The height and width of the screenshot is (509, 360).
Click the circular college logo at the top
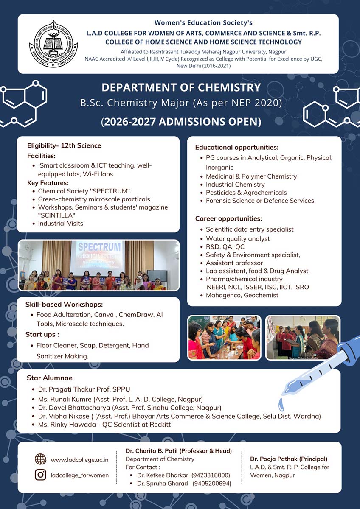(53, 44)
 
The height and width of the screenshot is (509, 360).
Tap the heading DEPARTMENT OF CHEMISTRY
(181, 88)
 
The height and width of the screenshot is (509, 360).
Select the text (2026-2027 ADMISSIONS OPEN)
(181, 122)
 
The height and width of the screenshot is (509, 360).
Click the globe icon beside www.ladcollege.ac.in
(40, 459)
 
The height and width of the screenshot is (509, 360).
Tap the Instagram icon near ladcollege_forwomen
(40, 475)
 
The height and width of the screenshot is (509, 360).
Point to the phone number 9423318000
(211, 475)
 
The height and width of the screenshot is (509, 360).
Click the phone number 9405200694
(212, 484)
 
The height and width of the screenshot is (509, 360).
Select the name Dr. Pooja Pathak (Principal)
(289, 459)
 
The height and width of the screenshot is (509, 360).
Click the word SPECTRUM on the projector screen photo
(100, 247)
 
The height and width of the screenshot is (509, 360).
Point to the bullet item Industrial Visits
(60, 223)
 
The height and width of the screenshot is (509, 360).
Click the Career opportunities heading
(228, 219)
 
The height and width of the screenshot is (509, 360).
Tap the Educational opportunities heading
(236, 148)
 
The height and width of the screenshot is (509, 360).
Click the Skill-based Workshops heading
(64, 305)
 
